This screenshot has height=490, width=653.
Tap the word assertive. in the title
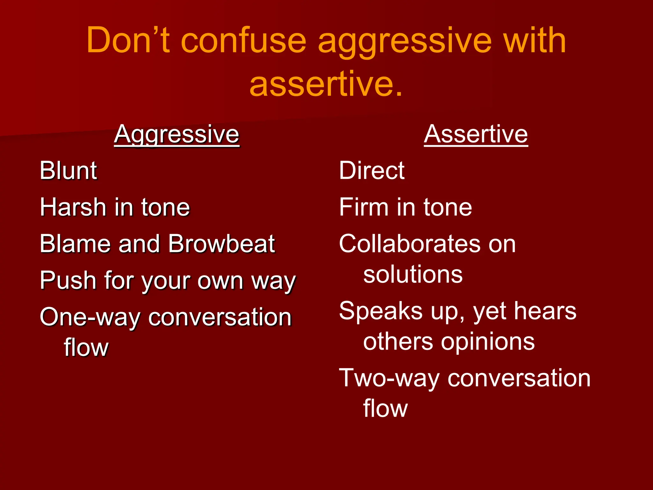coord(326,84)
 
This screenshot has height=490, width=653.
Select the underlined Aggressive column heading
coord(177,135)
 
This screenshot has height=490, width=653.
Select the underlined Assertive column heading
coord(476,135)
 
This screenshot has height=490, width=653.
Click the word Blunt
coord(68,171)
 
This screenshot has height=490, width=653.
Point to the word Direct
coord(372,171)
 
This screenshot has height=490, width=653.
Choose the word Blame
coord(75,244)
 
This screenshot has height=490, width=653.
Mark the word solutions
coord(413,275)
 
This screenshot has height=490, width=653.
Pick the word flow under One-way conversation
coord(86,348)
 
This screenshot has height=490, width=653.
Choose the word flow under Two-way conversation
coord(385,409)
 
